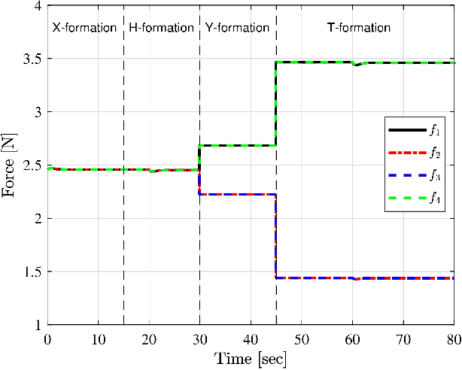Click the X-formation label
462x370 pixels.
(84, 28)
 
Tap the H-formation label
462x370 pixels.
(161, 28)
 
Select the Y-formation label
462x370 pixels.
(237, 28)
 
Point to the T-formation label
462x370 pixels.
(358, 28)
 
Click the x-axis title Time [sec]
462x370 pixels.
(250, 359)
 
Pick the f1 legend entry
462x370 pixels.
(415, 131)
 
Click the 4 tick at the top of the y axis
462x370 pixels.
(36, 6)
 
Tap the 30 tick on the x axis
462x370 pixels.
(199, 338)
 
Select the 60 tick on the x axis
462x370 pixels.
(352, 338)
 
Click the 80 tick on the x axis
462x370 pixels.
(453, 338)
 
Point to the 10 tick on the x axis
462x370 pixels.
(98, 338)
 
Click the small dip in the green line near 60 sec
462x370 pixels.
(357, 65)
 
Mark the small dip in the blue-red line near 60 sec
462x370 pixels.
(357, 280)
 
